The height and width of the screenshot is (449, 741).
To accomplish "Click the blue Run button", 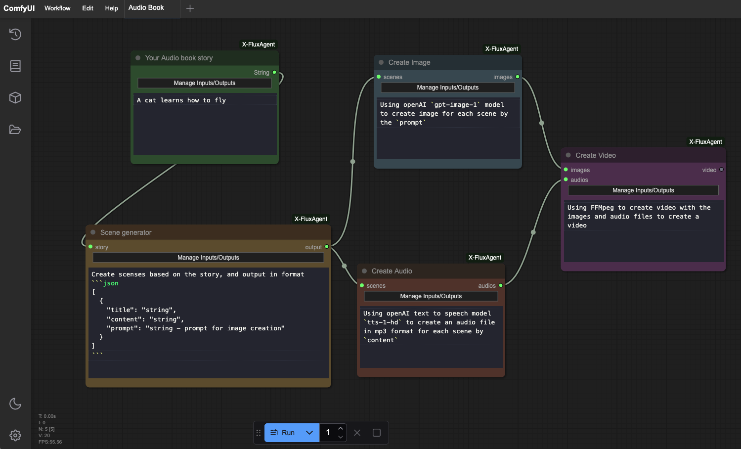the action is click(x=282, y=433).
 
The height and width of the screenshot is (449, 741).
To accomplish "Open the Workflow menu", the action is click(x=57, y=8).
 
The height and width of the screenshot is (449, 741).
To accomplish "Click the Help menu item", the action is click(x=112, y=8).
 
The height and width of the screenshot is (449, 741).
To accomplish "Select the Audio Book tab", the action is click(x=146, y=7).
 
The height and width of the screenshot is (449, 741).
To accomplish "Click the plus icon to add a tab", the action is click(x=190, y=8).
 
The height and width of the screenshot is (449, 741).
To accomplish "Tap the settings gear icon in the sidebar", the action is click(x=15, y=435).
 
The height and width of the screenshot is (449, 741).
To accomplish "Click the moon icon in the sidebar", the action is click(x=15, y=404).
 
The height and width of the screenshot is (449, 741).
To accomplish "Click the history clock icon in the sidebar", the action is click(x=15, y=34).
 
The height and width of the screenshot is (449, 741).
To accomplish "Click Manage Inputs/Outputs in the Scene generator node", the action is click(x=208, y=258).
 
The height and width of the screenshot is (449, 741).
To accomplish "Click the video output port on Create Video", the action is click(x=722, y=170).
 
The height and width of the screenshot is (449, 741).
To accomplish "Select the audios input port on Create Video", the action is click(x=566, y=180).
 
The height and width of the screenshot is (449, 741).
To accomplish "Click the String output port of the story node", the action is click(x=274, y=73).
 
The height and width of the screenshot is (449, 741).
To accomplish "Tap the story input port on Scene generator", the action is click(x=90, y=247).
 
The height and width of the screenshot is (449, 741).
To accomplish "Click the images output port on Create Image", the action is click(x=518, y=77).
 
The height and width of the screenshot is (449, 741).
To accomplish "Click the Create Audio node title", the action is click(x=392, y=271).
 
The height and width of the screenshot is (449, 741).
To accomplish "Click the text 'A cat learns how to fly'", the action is click(x=181, y=100).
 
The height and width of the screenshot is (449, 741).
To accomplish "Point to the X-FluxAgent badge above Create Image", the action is click(x=502, y=49).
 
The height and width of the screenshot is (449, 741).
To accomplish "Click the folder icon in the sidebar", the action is click(x=15, y=130).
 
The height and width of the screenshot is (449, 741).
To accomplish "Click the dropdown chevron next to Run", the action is click(x=309, y=433).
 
